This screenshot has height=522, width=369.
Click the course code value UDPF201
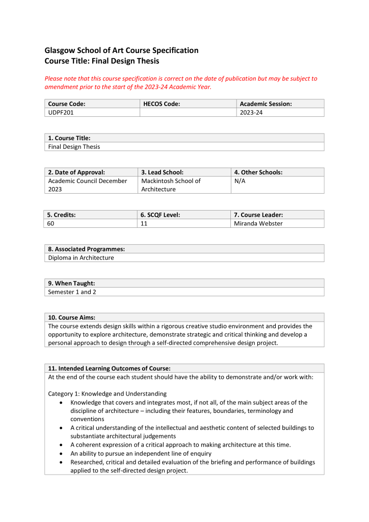coord(61,113)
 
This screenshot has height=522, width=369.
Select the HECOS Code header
coord(162,104)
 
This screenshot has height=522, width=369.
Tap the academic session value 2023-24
coord(251,113)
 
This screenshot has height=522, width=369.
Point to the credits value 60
coord(51,223)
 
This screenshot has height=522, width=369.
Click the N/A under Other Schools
coord(240,181)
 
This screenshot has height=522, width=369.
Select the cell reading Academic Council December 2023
coord(87,185)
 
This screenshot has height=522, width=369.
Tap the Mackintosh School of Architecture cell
coord(171,185)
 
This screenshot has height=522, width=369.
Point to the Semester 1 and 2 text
coord(72,292)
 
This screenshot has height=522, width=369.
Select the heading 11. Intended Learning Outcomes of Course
coord(109,368)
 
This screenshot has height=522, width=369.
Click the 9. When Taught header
coord(71,283)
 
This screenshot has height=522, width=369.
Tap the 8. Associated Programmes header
coord(87,249)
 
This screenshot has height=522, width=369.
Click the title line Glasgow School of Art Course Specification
coord(121,50)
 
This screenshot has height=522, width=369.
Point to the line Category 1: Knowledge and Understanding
coord(108,394)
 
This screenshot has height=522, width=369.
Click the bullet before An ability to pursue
coord(62,454)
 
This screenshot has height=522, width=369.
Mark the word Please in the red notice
coord(54,79)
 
